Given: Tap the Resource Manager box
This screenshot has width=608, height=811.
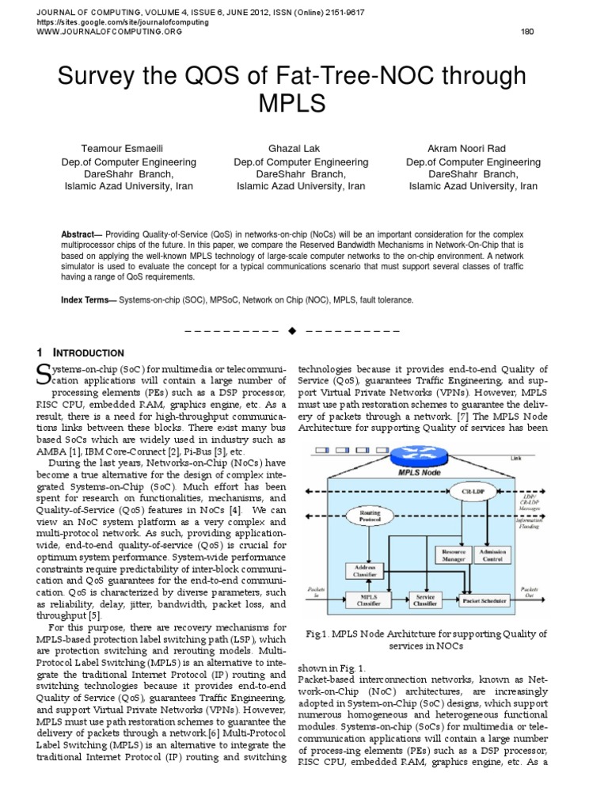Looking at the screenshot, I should click(x=454, y=554).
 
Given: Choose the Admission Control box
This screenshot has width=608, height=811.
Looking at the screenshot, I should click(x=492, y=554).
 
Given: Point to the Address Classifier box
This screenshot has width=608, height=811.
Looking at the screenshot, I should click(x=365, y=570).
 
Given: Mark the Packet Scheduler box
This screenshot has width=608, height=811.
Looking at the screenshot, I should click(x=484, y=601).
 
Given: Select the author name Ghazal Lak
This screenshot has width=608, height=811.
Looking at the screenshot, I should click(x=301, y=148).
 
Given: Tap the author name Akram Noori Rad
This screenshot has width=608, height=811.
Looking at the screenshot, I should click(x=473, y=148).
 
